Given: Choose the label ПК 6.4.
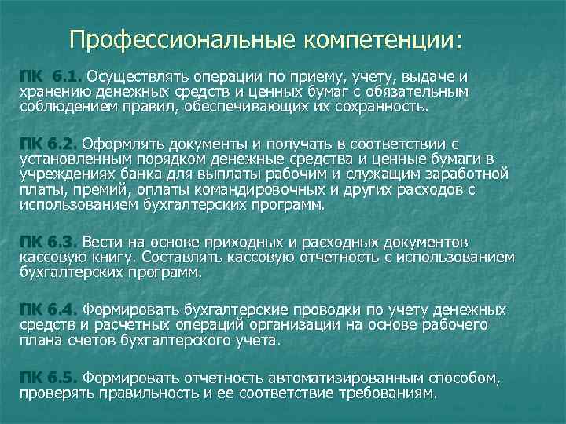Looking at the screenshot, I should [50, 309].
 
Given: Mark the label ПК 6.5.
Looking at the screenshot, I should [50, 378].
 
